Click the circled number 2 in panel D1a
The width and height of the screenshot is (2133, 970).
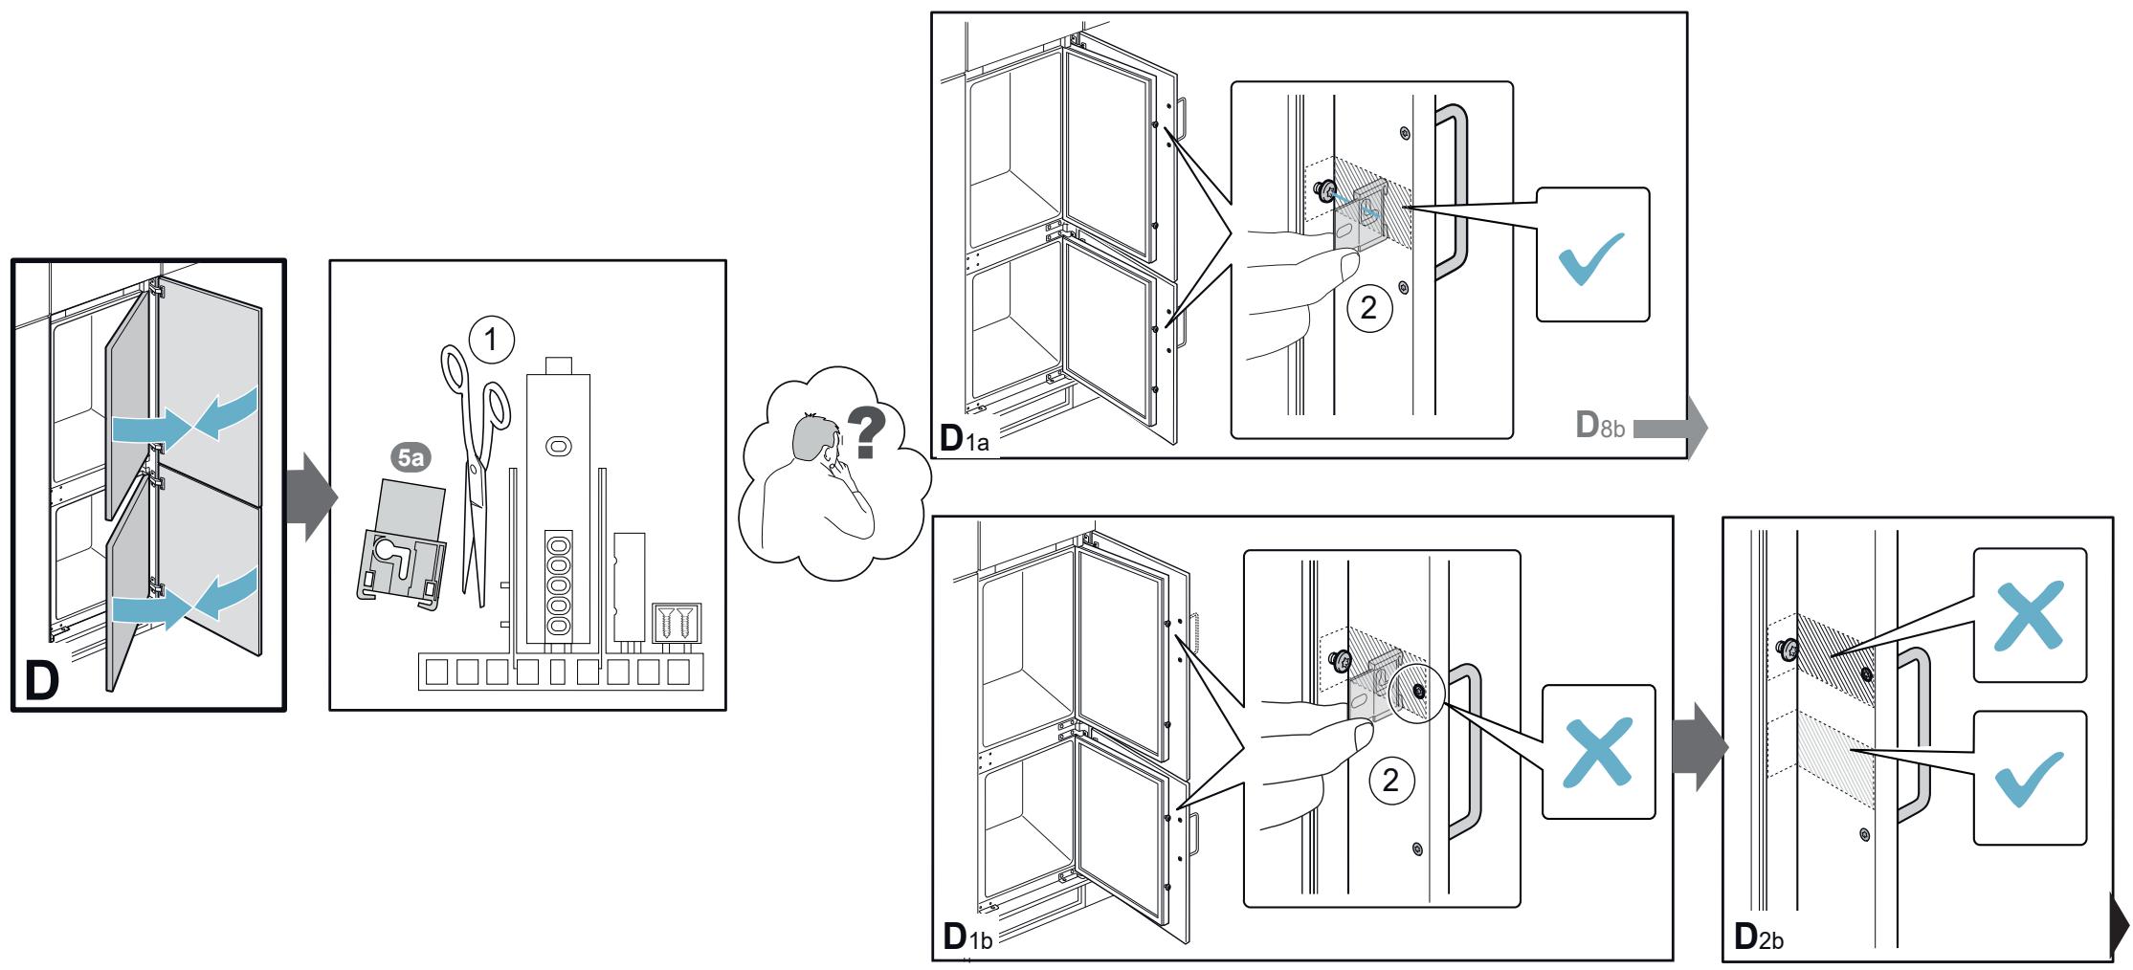[x=1368, y=308]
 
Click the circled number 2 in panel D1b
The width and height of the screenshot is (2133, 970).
[x=1392, y=781]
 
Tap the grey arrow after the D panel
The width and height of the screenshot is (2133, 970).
[x=312, y=496]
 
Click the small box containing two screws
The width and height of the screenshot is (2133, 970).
[x=677, y=621]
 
